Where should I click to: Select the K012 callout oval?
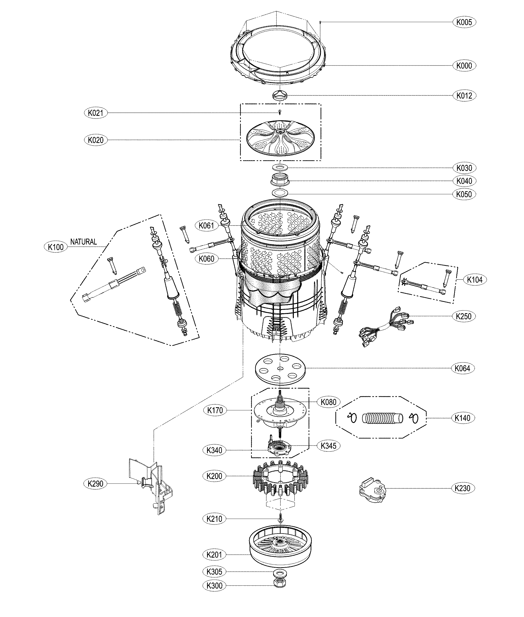pyautogui.click(x=464, y=96)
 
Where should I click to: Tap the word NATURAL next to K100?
pyautogui.click(x=83, y=242)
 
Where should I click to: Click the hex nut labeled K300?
pyautogui.click(x=280, y=591)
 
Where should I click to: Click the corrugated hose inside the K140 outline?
pyautogui.click(x=383, y=418)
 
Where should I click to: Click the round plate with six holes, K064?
pyautogui.click(x=280, y=369)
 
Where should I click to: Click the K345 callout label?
pyautogui.click(x=329, y=446)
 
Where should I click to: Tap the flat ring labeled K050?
pyautogui.click(x=280, y=193)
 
